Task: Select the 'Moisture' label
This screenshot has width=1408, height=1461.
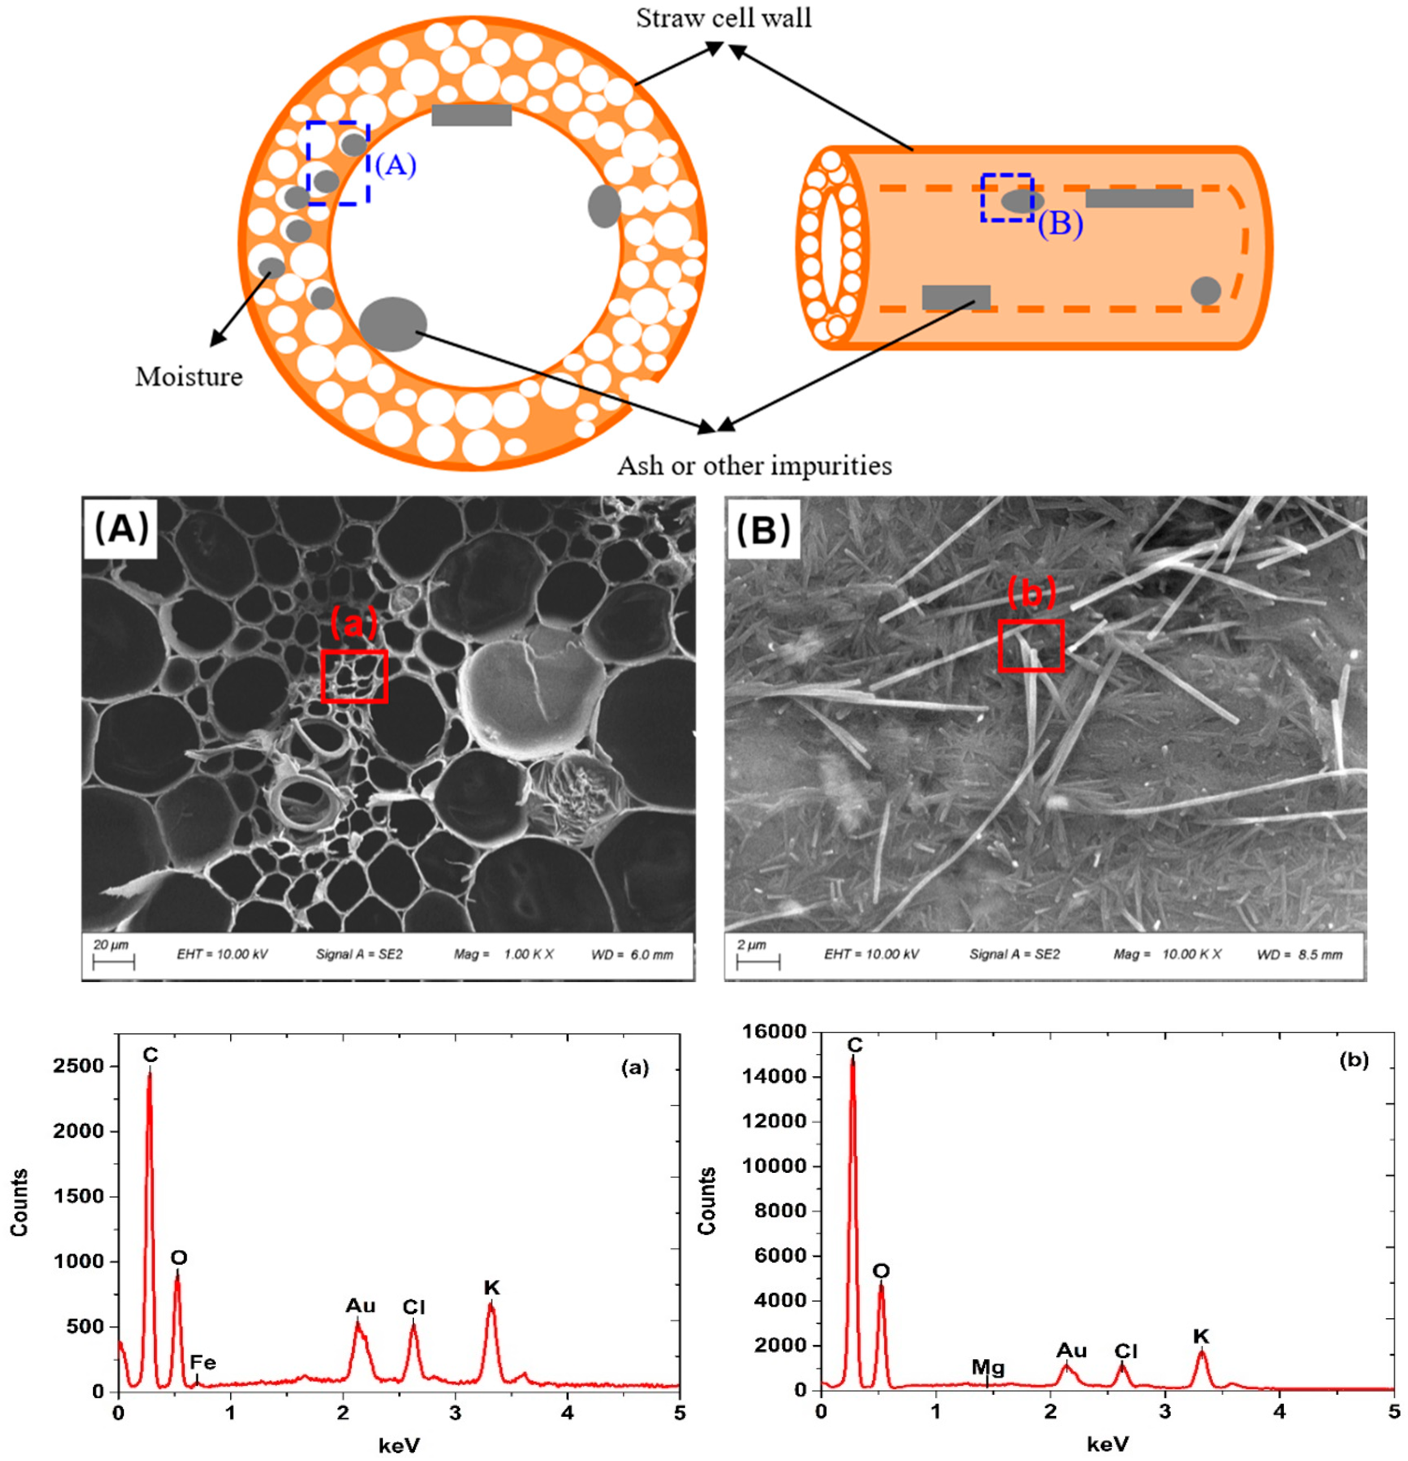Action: coord(189,377)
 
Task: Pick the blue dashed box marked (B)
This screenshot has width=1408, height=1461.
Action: coord(1006,198)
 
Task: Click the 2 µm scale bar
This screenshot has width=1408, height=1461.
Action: coord(757,961)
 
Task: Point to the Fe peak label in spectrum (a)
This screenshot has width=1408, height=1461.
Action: coord(202,1363)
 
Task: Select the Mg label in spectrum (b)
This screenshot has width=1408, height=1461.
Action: coord(988,1367)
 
